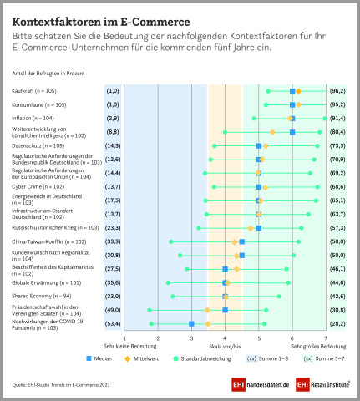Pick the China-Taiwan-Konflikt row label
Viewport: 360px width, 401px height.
pyautogui.click(x=50, y=241)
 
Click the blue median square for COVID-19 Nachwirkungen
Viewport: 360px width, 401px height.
pyautogui.click(x=192, y=323)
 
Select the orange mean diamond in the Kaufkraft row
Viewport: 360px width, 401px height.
pyautogui.click(x=298, y=90)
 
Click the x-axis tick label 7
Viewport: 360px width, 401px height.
pyautogui.click(x=326, y=337)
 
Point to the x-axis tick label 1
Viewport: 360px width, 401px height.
pyautogui.click(x=124, y=337)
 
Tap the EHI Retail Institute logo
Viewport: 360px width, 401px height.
pyautogui.click(x=313, y=384)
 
